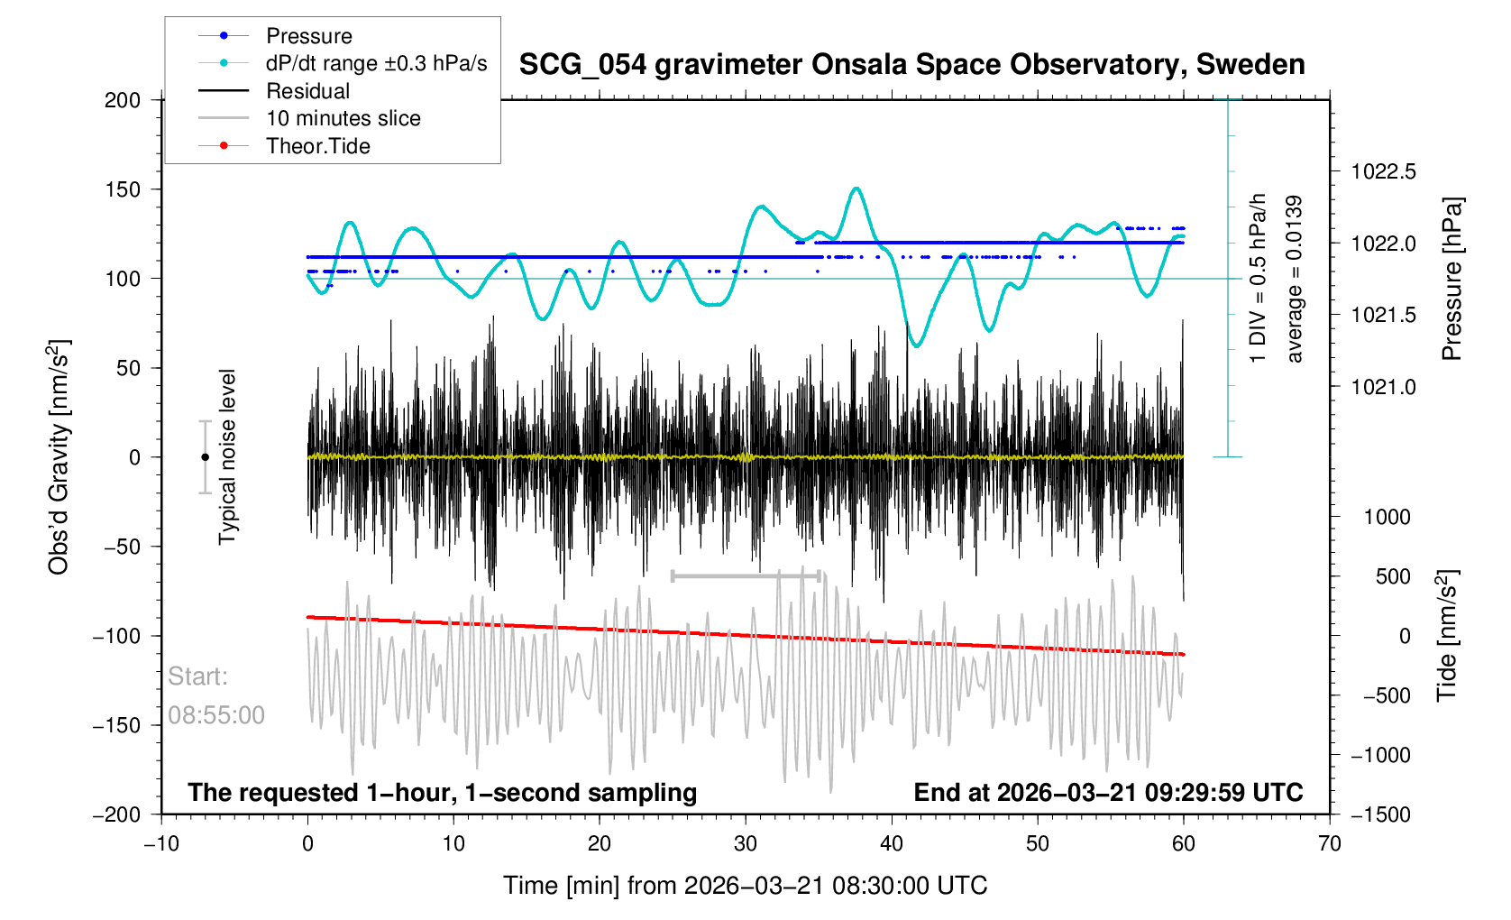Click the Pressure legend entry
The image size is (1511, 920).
click(308, 36)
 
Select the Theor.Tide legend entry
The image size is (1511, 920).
click(317, 146)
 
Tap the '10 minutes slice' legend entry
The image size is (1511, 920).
click(343, 118)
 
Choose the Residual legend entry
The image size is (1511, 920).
click(307, 91)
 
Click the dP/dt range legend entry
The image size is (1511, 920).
click(376, 63)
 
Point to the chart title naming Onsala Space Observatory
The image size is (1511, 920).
click(911, 65)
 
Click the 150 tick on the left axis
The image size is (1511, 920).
click(123, 189)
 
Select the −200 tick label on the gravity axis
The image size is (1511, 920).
click(117, 814)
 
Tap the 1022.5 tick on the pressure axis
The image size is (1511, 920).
click(1383, 171)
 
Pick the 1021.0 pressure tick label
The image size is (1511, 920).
click(1383, 387)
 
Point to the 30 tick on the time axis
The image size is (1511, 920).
click(746, 843)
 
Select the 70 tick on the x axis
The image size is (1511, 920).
click(1329, 843)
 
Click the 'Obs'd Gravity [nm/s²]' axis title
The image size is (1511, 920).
click(59, 457)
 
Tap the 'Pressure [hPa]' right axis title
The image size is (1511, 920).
click(1451, 279)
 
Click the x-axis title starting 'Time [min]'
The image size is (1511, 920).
click(745, 886)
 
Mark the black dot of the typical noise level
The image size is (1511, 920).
click(205, 457)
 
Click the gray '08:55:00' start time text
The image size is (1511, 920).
click(216, 715)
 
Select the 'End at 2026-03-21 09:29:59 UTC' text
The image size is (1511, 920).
click(1108, 793)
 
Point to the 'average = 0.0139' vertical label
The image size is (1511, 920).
click(1295, 279)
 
